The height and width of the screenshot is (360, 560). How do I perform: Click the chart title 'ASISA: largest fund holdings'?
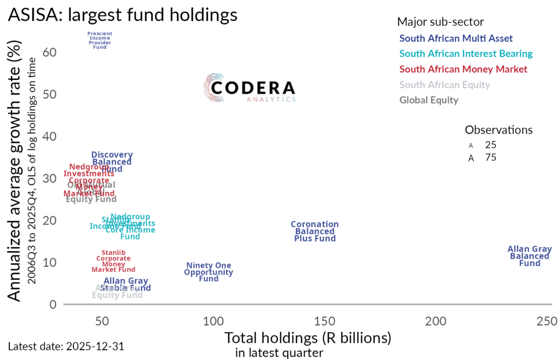tap(122, 15)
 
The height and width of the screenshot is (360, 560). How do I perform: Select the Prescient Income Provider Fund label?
tap(100, 41)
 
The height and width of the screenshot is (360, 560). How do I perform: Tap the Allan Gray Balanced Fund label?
tap(529, 256)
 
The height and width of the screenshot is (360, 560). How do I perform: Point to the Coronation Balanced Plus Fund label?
tap(314, 231)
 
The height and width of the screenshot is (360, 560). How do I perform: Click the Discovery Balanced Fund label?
tap(112, 162)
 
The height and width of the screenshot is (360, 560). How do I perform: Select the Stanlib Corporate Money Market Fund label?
tap(113, 261)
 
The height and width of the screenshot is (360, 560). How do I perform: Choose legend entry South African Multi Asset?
tap(456, 39)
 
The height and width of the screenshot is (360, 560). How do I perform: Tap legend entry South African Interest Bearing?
tap(466, 54)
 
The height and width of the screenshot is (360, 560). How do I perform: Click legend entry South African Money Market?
tap(463, 69)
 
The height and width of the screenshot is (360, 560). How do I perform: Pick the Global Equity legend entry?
tap(429, 100)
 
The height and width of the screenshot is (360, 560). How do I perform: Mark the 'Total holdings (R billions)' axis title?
tap(308, 338)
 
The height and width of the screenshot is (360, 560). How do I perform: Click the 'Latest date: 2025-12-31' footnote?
tap(69, 346)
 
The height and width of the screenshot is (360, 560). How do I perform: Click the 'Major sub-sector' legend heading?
tap(440, 22)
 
